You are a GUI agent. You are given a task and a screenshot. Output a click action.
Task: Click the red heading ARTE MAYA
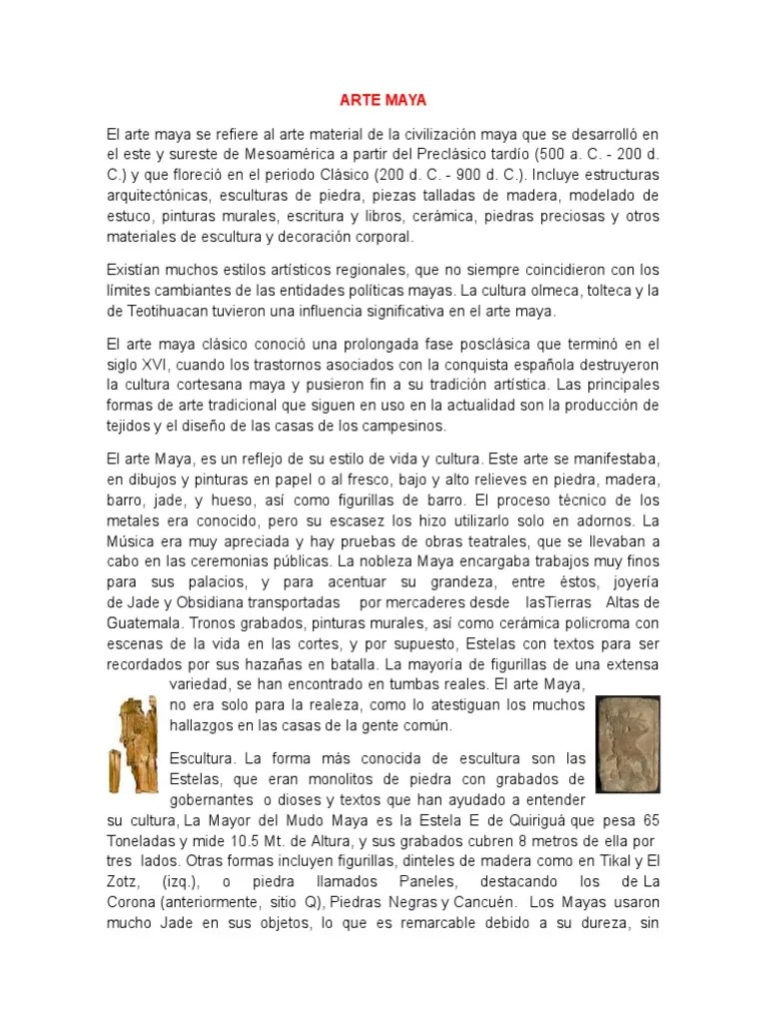(x=383, y=100)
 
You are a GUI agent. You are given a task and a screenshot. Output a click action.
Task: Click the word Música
(x=134, y=541)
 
